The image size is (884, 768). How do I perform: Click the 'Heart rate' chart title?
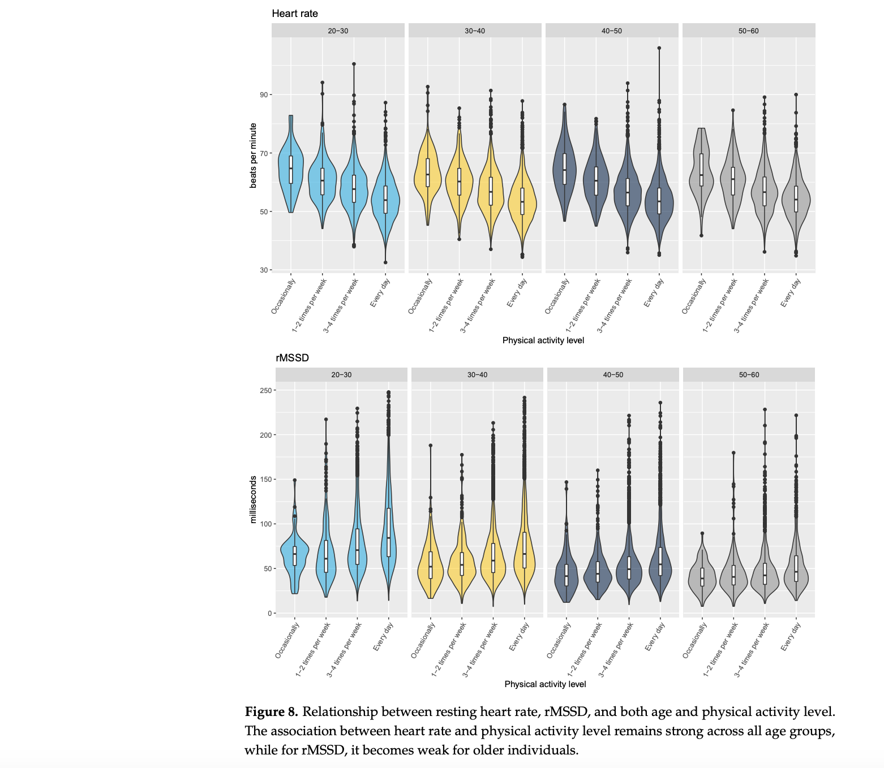[x=295, y=14]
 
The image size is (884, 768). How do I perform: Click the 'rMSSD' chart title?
[x=292, y=358]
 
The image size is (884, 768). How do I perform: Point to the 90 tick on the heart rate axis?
[x=263, y=94]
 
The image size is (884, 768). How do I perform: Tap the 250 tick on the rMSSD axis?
[x=264, y=390]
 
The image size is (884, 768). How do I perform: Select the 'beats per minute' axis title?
[x=253, y=156]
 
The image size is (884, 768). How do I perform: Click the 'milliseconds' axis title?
[x=253, y=499]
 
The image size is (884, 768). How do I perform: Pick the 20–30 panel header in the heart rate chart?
[x=338, y=31]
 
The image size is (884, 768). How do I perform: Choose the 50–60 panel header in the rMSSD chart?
[x=749, y=374]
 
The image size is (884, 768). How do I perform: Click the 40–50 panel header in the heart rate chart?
[x=611, y=31]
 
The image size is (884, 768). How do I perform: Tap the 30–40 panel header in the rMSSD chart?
[x=477, y=374]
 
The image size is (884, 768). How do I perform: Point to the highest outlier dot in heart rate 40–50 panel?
[x=659, y=48]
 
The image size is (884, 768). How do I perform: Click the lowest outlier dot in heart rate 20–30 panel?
[x=385, y=262]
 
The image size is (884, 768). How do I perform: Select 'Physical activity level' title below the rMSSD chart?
[x=545, y=684]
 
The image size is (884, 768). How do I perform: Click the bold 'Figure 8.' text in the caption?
[x=271, y=711]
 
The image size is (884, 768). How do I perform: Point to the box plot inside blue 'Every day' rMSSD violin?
[x=389, y=532]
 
